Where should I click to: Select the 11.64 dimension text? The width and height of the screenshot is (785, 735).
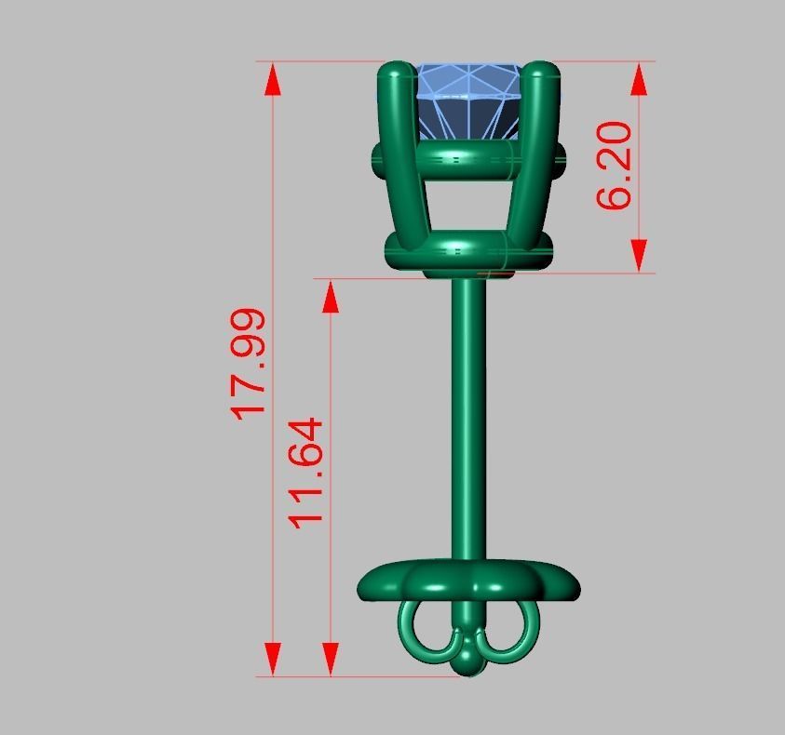tap(306, 472)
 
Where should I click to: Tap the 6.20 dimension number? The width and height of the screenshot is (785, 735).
tap(614, 165)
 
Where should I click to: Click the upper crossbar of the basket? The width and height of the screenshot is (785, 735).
tap(466, 159)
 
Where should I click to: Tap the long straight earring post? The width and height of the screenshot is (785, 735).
tap(467, 419)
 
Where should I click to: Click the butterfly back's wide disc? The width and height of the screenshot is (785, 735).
tap(469, 582)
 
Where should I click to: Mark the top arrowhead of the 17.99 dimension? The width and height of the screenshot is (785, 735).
tap(272, 79)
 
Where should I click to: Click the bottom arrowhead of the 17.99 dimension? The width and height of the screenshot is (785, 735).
tap(272, 658)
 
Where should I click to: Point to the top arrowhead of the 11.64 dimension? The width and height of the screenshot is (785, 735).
tap(331, 296)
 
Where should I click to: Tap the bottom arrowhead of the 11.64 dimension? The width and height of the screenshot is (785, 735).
tap(331, 658)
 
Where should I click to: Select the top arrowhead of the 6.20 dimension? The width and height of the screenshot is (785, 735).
tap(639, 79)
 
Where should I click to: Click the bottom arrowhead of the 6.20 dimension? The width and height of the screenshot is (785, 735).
tap(639, 255)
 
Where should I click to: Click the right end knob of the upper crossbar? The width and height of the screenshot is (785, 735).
tap(561, 159)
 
